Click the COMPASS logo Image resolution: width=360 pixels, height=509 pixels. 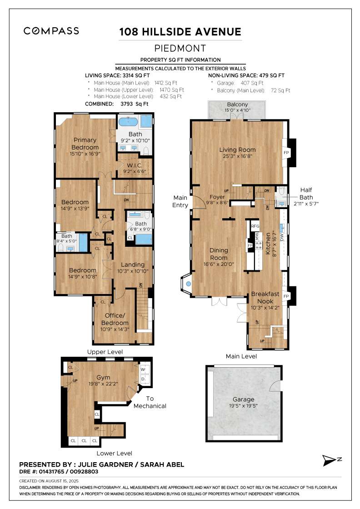[51, 31]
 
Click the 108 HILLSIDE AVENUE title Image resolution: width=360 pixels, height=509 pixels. [180, 32]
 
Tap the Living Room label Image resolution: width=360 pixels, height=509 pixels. [237, 150]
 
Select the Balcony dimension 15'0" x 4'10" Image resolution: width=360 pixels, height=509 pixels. [237, 110]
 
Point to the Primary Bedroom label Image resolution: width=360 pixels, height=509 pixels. [85, 144]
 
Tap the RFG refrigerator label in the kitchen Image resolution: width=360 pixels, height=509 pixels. [255, 226]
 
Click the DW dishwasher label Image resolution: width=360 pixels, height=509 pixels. [282, 237]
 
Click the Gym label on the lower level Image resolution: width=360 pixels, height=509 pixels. [103, 377]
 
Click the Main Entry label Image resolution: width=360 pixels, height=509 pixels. [180, 201]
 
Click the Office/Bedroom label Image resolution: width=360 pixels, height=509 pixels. [114, 319]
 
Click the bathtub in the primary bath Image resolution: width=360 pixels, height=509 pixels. [128, 121]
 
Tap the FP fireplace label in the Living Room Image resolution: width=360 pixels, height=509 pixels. [286, 153]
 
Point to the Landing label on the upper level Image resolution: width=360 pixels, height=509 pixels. [133, 264]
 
